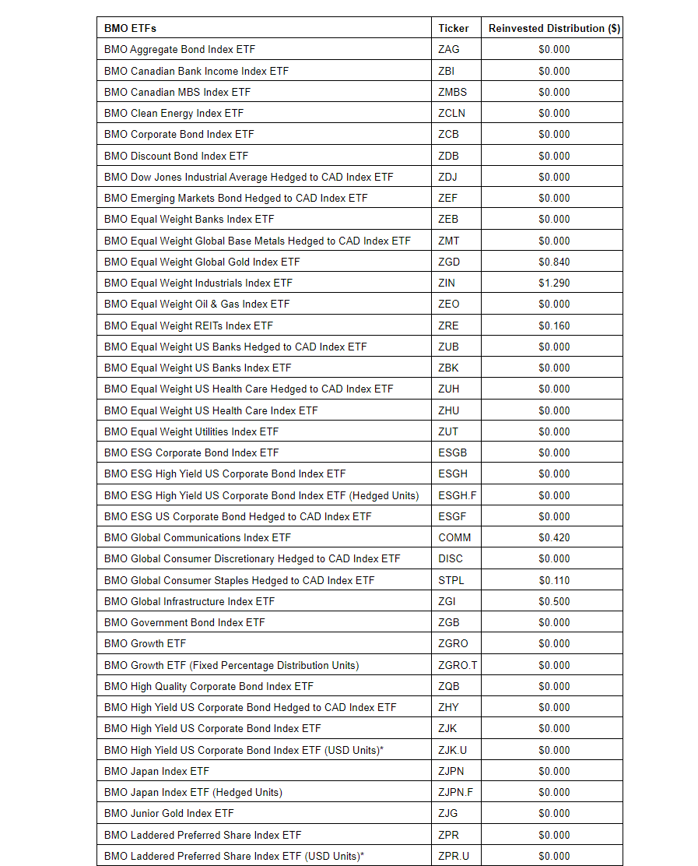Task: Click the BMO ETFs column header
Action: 130,28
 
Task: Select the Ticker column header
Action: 454,28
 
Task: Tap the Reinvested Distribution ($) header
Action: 554,28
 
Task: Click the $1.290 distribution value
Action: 554,283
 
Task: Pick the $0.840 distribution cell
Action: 554,262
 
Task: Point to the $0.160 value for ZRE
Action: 554,326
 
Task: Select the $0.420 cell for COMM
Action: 554,537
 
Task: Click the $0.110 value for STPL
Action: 554,580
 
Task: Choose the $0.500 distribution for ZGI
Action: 554,601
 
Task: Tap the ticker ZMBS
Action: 453,92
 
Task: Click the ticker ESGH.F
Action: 458,495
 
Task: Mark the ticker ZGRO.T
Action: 458,665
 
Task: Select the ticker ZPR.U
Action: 454,856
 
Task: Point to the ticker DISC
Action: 451,558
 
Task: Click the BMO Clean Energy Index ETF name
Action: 174,113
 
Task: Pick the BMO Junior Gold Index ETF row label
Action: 169,813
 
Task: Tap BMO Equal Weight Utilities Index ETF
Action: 191,431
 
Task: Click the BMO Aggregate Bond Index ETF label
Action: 180,49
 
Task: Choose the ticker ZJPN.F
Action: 455,792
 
